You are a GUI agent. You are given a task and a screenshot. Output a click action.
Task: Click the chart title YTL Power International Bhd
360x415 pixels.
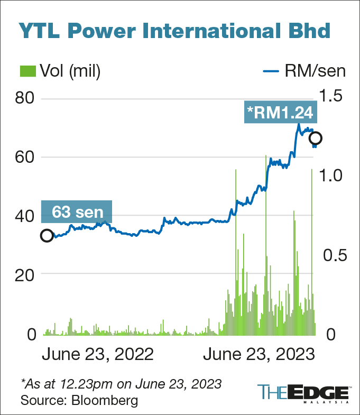[174, 30]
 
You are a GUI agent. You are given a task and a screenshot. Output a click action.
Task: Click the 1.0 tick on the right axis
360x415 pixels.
[331, 175]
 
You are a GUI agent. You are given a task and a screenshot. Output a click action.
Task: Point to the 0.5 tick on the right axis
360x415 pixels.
[331, 255]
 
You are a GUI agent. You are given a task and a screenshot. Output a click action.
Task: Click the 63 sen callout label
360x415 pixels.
[77, 213]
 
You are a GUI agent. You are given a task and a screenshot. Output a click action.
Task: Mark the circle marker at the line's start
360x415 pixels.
[47, 236]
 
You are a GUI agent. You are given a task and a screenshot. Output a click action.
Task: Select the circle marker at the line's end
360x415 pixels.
[316, 139]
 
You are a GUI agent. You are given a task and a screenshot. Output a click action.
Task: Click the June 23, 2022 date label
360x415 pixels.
[97, 354]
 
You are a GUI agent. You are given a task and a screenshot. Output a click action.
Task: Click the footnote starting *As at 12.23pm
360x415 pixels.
[121, 383]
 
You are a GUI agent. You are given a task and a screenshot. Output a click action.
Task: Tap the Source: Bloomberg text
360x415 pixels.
[79, 400]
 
